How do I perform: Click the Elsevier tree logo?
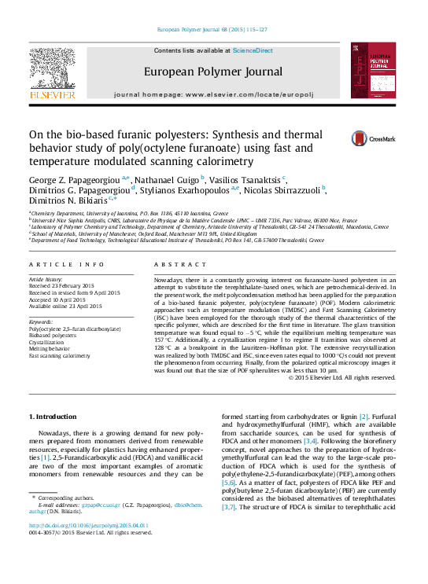coord(52,72)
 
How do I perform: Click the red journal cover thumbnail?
coord(374,71)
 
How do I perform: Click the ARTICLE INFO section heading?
coord(67,266)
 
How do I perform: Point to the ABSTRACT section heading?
coord(172,266)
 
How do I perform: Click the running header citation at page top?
coord(213,30)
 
